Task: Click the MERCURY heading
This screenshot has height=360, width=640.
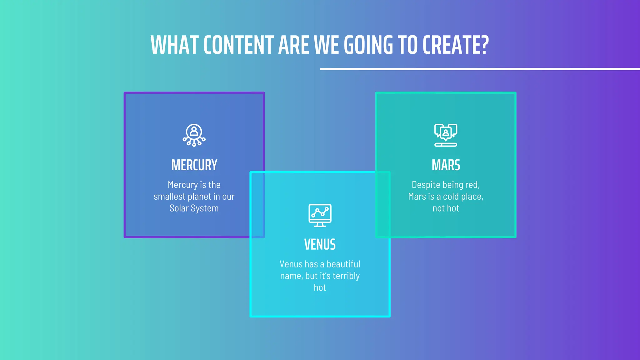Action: [x=194, y=165]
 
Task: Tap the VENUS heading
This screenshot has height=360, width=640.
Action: [x=320, y=245]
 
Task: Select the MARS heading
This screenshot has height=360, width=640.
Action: [x=446, y=165]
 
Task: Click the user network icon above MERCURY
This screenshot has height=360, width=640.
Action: [x=194, y=135]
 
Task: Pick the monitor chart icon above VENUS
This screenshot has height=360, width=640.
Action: [x=320, y=215]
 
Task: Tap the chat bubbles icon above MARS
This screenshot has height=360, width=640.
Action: [x=446, y=135]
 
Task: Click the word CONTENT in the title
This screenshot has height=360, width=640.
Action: [x=239, y=45]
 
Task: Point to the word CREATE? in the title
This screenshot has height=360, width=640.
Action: [x=455, y=45]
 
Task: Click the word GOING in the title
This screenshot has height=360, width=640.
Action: [x=368, y=45]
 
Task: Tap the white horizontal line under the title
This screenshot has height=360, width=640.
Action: [x=480, y=69]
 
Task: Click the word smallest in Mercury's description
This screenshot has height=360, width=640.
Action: [x=169, y=197]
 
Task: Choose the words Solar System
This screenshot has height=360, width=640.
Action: [x=194, y=208]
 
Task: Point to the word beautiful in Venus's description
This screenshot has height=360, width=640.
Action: [x=343, y=264]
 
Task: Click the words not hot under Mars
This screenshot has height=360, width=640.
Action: [x=446, y=208]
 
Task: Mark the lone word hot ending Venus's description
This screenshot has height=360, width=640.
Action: [x=320, y=288]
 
